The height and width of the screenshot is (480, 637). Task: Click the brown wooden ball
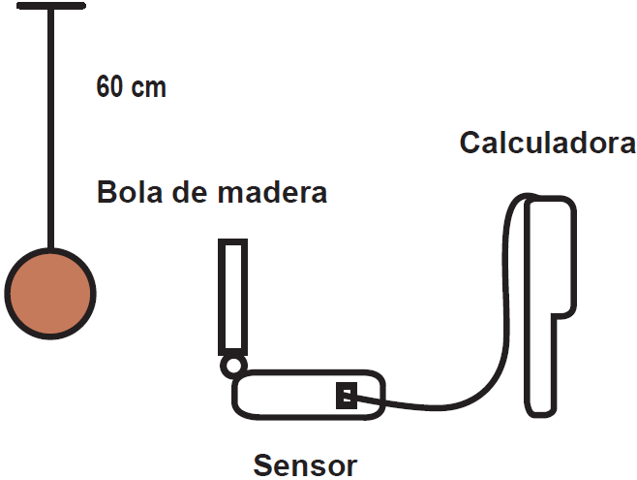(49, 292)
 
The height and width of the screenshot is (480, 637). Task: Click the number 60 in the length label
(109, 87)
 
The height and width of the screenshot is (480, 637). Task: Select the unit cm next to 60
(148, 88)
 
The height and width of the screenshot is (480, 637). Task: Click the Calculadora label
(547, 144)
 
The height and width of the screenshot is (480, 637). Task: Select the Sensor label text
(305, 465)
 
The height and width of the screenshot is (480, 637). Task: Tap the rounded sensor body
(290, 395)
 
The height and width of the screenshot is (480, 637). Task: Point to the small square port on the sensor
(346, 396)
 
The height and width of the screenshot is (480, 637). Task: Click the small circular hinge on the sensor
(232, 366)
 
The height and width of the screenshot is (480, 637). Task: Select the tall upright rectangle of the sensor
(231, 296)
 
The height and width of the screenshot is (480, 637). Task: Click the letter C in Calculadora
(470, 144)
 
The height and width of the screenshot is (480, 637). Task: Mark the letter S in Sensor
(263, 465)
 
